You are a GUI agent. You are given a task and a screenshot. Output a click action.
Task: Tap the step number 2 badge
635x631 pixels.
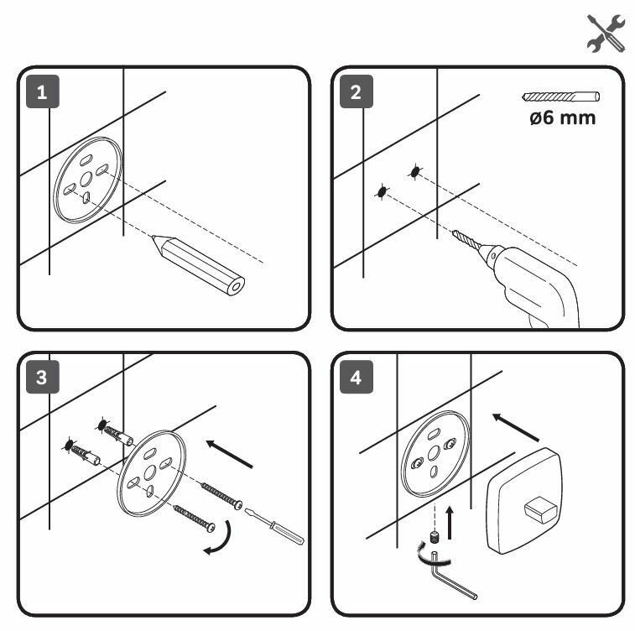coord(357,91)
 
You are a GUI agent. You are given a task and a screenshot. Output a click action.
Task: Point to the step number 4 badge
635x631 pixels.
coord(357,378)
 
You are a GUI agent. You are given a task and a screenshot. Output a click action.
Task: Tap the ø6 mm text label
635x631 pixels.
coord(562,117)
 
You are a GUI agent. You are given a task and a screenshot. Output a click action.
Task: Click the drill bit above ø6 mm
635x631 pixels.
coord(559,96)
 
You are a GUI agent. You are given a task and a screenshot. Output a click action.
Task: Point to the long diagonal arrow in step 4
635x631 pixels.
coord(515,427)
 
